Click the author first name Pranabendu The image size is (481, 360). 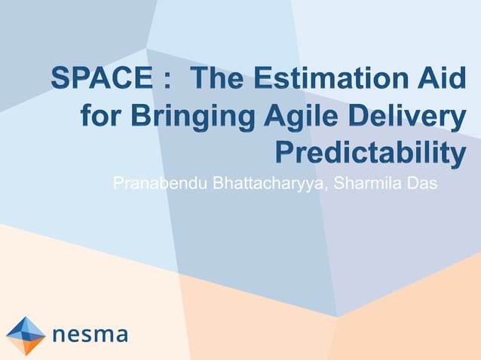pos(161,182)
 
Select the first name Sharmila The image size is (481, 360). pos(364,182)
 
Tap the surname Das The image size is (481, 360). pos(421,182)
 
